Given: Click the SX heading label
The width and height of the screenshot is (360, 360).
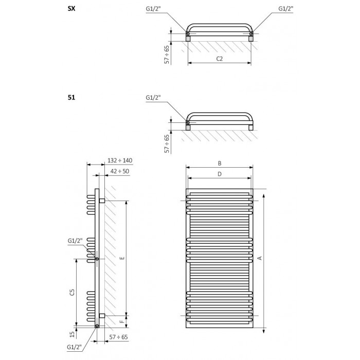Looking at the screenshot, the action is pos(71,9).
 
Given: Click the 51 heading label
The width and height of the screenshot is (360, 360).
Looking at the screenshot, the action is pos(71,98).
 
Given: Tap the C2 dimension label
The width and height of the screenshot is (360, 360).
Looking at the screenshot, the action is pos(220,59).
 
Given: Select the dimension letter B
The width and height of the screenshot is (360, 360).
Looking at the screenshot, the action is pos(220,163).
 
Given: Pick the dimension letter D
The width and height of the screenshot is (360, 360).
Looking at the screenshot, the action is pos(220,174).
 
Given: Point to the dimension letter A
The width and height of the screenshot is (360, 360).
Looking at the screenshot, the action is pos(260,258).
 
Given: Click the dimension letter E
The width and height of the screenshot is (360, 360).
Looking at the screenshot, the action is pos(122,258).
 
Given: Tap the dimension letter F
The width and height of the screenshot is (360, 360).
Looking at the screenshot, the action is pos(122,321).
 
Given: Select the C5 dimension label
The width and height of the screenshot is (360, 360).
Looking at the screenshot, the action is pos(72,292).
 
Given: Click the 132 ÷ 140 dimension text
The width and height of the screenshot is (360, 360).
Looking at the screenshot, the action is pos(120,160).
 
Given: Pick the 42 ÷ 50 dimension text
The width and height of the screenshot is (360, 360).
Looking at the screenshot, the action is pos(120,171).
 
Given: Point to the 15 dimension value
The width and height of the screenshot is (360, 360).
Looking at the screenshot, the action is pos(73,334).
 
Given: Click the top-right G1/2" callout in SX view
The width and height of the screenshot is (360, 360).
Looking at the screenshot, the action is pos(285,9).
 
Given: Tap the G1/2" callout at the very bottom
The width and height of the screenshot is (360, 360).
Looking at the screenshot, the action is pos(74,347).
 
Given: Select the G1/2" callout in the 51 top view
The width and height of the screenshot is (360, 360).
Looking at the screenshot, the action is pos(153,98).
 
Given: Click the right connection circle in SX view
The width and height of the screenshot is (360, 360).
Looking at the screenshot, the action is pos(251,34).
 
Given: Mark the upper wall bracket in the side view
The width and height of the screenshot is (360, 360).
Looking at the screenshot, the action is pos(102,201).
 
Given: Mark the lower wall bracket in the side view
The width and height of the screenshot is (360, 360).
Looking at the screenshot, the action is pos(102,316).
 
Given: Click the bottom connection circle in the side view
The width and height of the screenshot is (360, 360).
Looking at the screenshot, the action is pos(97,326).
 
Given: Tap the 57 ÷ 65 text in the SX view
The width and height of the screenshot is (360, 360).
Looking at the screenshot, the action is pos(167,55).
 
